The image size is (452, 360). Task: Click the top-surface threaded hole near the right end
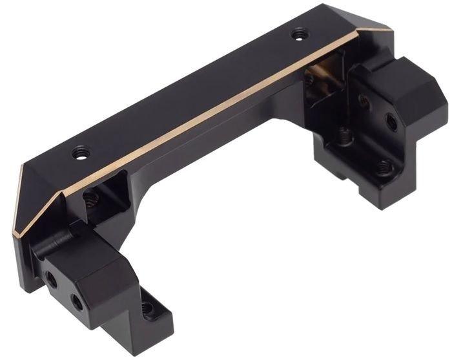click(298, 34)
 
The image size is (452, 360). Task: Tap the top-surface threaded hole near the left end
click(81, 153)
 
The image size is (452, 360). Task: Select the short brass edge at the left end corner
click(17, 200)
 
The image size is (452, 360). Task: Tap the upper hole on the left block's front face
click(51, 279)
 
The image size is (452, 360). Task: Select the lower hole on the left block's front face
click(77, 301)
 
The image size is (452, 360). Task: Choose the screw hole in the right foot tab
click(385, 168)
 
